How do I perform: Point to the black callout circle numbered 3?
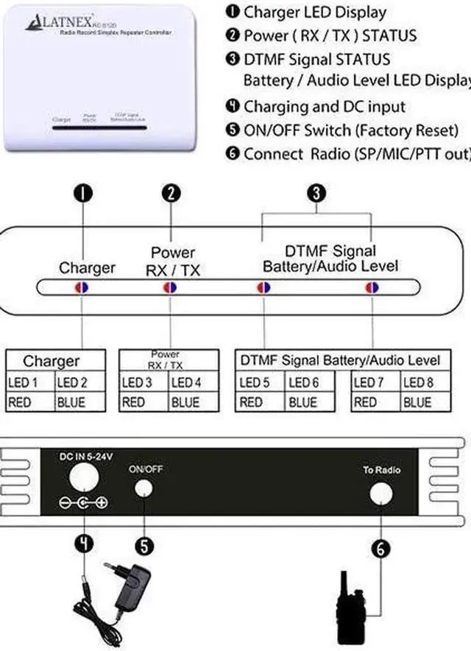pyautogui.click(x=316, y=193)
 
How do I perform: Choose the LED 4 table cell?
pyautogui.click(x=185, y=382)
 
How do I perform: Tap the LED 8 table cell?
pyautogui.click(x=417, y=382)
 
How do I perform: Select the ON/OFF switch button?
pyautogui.click(x=146, y=489)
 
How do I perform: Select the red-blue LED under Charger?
pyautogui.click(x=82, y=287)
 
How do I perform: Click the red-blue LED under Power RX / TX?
pyautogui.click(x=170, y=287)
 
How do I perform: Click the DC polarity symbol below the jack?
pyautogui.click(x=83, y=504)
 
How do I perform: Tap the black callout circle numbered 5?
pyautogui.click(x=146, y=546)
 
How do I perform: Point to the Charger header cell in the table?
pyautogui.click(x=51, y=361)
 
